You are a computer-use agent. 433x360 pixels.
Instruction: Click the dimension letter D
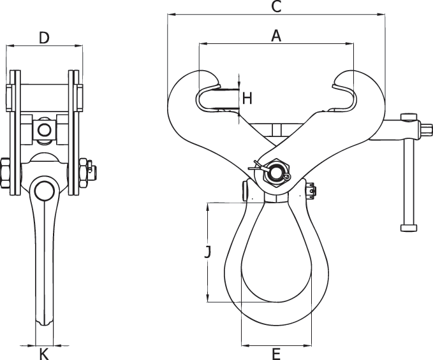43,38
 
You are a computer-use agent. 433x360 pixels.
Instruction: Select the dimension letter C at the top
275,7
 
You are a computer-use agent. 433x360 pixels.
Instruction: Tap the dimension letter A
275,36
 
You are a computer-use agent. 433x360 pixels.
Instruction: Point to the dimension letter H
247,98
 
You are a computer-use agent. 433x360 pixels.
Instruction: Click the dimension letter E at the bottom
275,354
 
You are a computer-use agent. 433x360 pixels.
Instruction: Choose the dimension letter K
44,354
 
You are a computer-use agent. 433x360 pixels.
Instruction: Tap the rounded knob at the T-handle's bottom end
408,227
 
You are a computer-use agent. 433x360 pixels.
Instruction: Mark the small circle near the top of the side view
44,130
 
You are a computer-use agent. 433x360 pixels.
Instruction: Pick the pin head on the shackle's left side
246,191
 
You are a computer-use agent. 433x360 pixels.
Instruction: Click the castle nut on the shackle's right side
310,190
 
